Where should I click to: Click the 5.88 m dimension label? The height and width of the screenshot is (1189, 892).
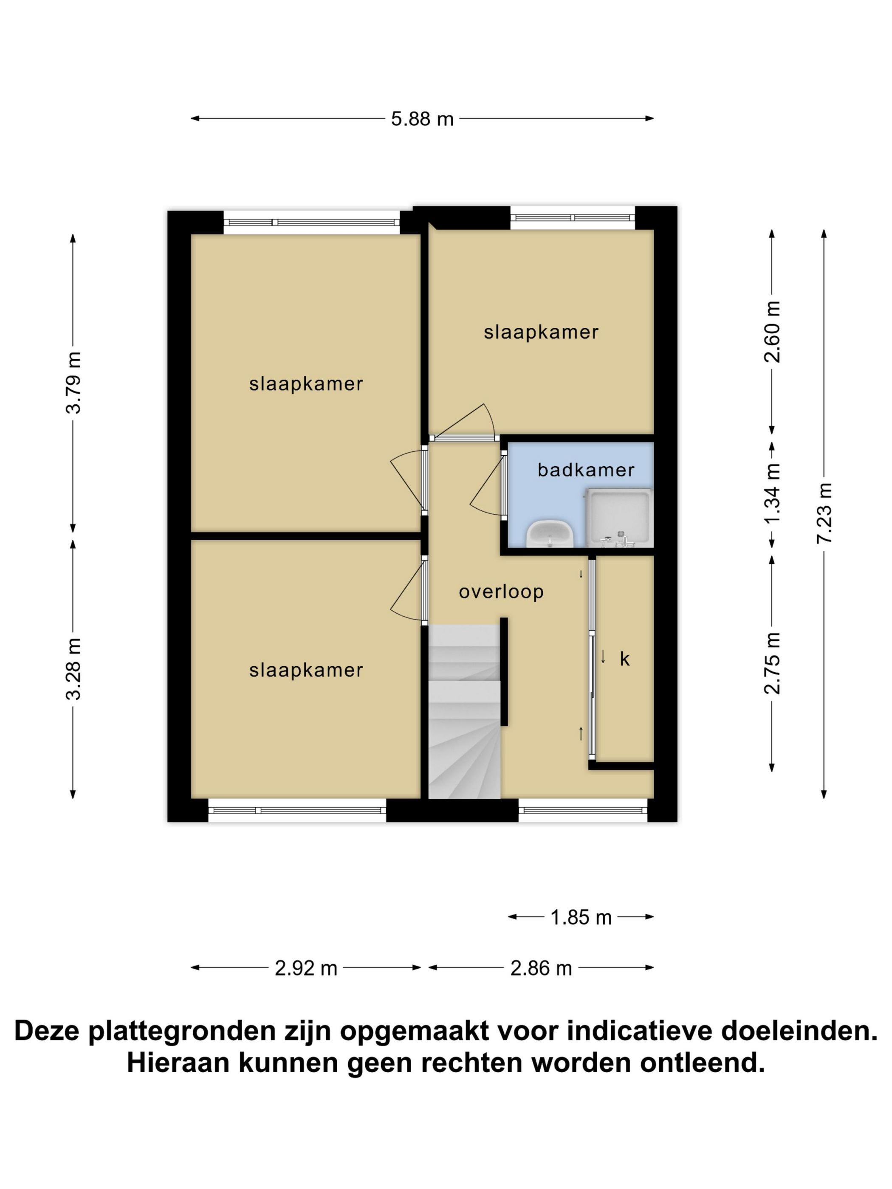pos(422,119)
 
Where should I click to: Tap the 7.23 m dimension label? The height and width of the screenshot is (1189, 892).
pos(824,513)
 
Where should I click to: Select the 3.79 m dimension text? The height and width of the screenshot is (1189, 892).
pos(73,382)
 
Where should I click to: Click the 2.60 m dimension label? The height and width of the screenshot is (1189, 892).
pos(772,332)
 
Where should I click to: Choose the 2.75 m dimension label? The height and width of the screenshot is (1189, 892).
pos(772,663)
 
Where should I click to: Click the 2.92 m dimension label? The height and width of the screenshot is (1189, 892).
pos(306,968)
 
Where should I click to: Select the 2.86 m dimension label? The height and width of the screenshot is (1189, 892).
pos(541,968)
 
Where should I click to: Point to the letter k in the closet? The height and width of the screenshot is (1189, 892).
pos(624,659)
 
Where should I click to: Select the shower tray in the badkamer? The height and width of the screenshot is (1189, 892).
pos(618,518)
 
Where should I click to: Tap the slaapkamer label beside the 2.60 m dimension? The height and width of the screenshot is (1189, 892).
pos(541,332)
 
